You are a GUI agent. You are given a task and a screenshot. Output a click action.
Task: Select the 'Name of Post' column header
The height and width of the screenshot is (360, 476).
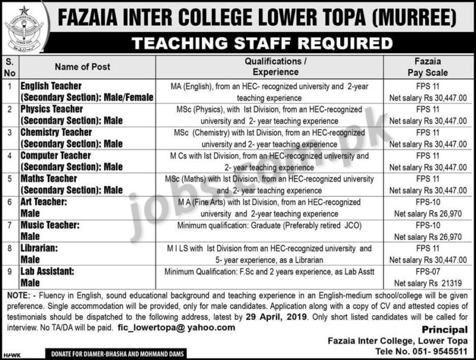(x=82, y=67)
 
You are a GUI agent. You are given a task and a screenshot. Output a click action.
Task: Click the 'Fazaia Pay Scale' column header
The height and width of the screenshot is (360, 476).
(x=427, y=67)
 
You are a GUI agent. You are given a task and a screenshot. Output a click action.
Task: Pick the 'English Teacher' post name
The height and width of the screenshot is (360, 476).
(x=51, y=86)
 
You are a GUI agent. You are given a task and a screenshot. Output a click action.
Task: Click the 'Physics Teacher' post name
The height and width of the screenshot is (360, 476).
(x=52, y=109)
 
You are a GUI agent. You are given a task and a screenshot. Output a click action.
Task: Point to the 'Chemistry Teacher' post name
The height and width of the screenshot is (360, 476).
(x=56, y=132)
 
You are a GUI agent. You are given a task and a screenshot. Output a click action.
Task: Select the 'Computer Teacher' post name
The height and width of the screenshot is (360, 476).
(x=56, y=156)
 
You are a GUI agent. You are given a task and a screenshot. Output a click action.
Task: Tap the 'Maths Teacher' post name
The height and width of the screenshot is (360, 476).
(x=49, y=179)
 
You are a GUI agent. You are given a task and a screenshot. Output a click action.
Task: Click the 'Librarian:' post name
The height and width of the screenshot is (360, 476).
(x=41, y=248)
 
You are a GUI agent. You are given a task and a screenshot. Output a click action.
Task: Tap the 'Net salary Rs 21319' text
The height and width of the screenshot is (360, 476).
(x=427, y=282)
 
